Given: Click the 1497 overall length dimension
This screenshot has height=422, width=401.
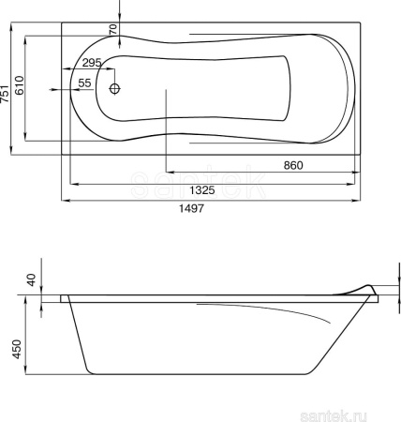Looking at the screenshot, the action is pos(191,208).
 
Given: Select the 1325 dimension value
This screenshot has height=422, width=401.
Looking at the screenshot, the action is pos(202,189).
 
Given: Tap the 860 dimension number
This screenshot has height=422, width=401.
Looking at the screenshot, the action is pos(293,165).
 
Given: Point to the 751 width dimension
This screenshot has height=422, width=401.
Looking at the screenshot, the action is pos(5,93).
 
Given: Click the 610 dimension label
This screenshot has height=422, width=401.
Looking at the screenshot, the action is pos(19,85).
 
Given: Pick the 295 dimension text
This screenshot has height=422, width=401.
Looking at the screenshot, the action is pos(92,63).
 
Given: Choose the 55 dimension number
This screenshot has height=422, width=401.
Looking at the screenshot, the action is pos(84,83).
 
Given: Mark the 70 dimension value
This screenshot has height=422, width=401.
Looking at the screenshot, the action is pos(113,29).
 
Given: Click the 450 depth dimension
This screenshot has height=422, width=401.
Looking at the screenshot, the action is pos(16,349).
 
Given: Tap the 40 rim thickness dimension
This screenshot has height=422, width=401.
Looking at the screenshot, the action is pos(32,279).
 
